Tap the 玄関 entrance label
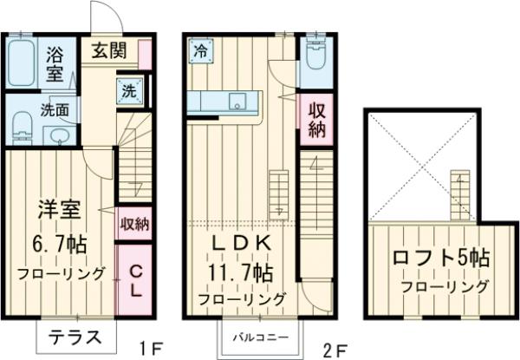click(x=110, y=49)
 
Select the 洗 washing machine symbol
click(x=127, y=90)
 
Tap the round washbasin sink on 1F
click(x=59, y=136)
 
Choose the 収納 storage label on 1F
click(x=134, y=224)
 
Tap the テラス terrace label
click(x=77, y=337)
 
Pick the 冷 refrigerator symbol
click(x=201, y=49)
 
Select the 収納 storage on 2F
click(x=315, y=119)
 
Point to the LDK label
click(x=243, y=244)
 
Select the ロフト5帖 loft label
click(x=440, y=258)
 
